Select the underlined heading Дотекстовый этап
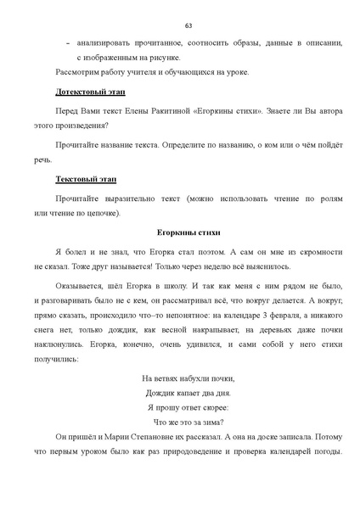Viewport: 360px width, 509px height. click(x=86, y=89)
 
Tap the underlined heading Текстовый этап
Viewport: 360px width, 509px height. click(x=85, y=180)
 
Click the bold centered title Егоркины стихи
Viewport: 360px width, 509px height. click(x=188, y=231)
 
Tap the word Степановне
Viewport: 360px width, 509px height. click(x=138, y=435)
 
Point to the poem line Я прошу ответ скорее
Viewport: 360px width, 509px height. click(x=188, y=406)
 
